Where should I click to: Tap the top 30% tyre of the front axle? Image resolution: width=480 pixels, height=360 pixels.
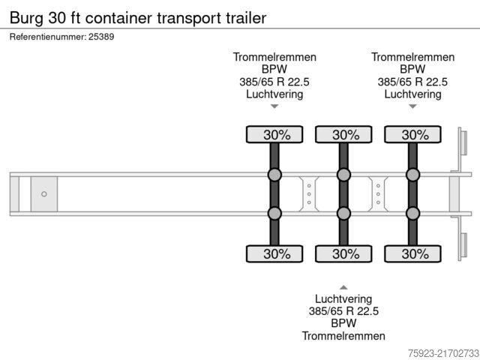pyautogui.click(x=274, y=135)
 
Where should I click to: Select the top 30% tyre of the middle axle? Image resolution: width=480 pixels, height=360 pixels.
pyautogui.click(x=343, y=135)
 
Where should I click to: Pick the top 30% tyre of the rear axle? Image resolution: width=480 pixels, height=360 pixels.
pyautogui.click(x=412, y=135)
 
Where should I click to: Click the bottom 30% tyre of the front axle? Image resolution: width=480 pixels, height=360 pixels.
pyautogui.click(x=274, y=253)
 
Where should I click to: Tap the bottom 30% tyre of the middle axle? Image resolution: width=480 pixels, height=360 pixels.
pyautogui.click(x=343, y=253)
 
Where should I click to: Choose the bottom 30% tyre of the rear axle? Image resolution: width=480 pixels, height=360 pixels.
pyautogui.click(x=412, y=253)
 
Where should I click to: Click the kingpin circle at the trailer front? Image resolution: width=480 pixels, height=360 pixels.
pyautogui.click(x=43, y=194)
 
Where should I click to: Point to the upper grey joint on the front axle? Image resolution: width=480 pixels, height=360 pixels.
pyautogui.click(x=274, y=175)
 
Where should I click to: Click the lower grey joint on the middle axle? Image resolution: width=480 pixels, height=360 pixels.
pyautogui.click(x=343, y=214)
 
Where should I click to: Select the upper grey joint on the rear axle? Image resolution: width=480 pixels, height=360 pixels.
pyautogui.click(x=412, y=175)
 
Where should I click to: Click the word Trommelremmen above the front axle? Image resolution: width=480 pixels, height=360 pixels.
pyautogui.click(x=274, y=57)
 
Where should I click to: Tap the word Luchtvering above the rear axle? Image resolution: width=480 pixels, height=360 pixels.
pyautogui.click(x=412, y=94)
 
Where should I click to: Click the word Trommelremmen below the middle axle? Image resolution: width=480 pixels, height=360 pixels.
pyautogui.click(x=343, y=336)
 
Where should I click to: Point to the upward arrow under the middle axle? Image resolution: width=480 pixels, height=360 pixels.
pyautogui.click(x=343, y=287)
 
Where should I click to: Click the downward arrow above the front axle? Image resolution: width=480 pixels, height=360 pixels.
pyautogui.click(x=274, y=106)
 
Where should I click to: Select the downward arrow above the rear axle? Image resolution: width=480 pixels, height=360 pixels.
pyautogui.click(x=412, y=106)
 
